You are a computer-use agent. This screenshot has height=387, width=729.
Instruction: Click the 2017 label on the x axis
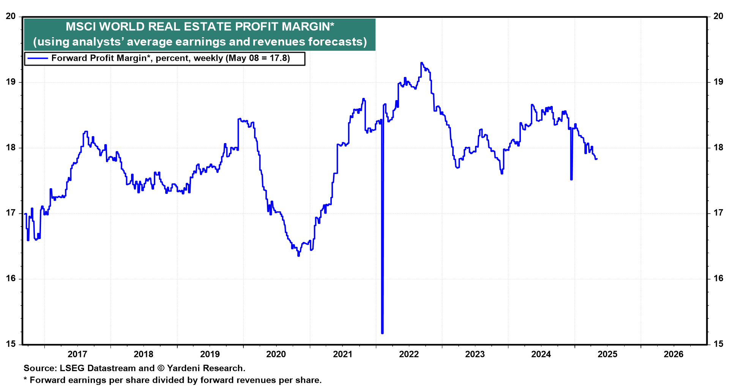[x=77, y=354]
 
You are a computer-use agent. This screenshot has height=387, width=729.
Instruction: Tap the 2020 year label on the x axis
[x=276, y=354]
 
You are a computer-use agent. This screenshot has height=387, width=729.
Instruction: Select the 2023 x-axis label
[x=475, y=354]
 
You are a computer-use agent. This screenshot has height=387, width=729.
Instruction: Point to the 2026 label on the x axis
[x=673, y=354]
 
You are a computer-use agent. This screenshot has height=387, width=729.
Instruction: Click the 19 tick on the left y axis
[x=11, y=82]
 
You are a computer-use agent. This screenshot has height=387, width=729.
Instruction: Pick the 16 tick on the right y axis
[x=718, y=278]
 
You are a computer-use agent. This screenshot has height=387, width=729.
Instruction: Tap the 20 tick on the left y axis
[x=11, y=16]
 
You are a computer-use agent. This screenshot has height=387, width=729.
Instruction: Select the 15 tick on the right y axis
[x=718, y=344]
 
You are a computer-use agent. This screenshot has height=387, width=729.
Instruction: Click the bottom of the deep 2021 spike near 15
[x=382, y=333]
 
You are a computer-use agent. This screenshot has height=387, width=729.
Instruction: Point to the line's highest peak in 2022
[x=421, y=63]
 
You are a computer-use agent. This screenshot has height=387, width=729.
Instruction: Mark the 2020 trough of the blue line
[x=298, y=255]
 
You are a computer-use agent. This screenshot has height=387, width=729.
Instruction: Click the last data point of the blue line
[x=597, y=159]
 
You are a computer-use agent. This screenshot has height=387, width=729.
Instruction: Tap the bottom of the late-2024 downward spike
[x=571, y=179]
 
